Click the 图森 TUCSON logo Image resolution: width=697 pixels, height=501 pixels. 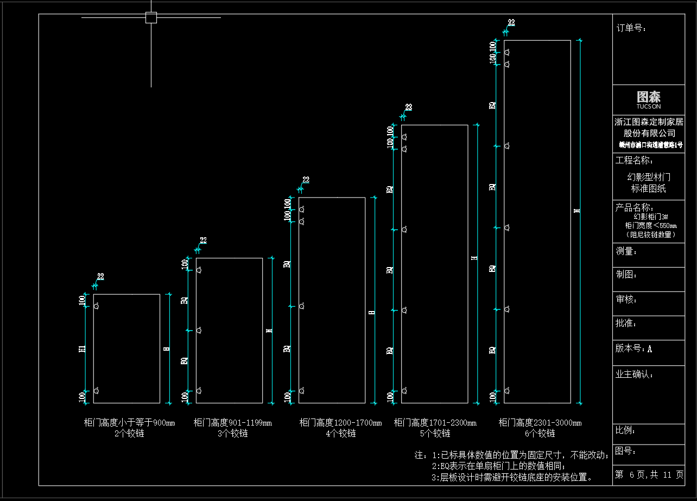(x=649, y=99)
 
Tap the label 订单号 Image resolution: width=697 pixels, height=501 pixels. (x=631, y=28)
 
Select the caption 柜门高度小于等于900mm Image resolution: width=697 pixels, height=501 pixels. (x=129, y=423)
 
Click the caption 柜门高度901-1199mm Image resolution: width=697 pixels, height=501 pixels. (x=232, y=423)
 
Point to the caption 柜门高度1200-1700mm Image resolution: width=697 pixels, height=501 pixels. (x=340, y=423)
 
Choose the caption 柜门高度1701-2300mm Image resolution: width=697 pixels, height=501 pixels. (x=435, y=423)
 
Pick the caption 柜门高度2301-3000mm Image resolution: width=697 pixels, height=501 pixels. (x=540, y=423)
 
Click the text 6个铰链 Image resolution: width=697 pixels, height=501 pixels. (x=540, y=433)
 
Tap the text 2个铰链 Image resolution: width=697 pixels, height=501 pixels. (x=129, y=433)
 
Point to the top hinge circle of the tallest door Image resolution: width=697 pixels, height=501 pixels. (x=507, y=52)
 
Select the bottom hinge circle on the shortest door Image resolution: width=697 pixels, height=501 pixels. (x=96, y=391)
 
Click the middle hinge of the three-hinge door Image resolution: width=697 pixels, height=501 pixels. (x=199, y=330)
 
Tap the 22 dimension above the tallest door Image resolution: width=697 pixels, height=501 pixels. (x=511, y=23)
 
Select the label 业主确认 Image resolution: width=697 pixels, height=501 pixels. (x=634, y=374)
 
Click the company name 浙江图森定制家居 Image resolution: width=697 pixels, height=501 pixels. (x=649, y=122)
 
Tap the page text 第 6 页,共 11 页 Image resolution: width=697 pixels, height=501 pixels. (x=649, y=475)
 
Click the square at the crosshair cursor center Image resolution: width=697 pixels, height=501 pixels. (x=151, y=18)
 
